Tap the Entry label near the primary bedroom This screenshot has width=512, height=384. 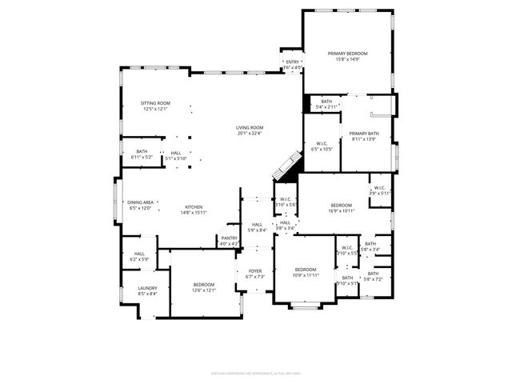(293, 62)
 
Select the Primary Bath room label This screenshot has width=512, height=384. (363, 134)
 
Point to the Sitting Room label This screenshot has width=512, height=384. (156, 103)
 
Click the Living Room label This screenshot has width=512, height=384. (249, 128)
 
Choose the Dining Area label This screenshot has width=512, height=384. (140, 202)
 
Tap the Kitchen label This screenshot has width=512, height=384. (194, 206)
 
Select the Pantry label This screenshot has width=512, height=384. (228, 238)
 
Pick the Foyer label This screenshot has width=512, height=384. (254, 271)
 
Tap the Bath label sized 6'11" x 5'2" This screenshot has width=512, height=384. (141, 151)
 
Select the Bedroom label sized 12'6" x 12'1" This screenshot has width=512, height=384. (203, 285)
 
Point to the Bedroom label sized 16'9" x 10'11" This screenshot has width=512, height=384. (342, 206)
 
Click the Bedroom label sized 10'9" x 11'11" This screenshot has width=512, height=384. (306, 270)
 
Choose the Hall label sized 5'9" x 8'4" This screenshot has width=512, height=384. (257, 225)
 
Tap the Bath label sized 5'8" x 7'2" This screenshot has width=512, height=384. (373, 274)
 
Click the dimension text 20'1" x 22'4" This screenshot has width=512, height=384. (249, 134)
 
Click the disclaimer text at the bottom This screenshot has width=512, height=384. (255, 372)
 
